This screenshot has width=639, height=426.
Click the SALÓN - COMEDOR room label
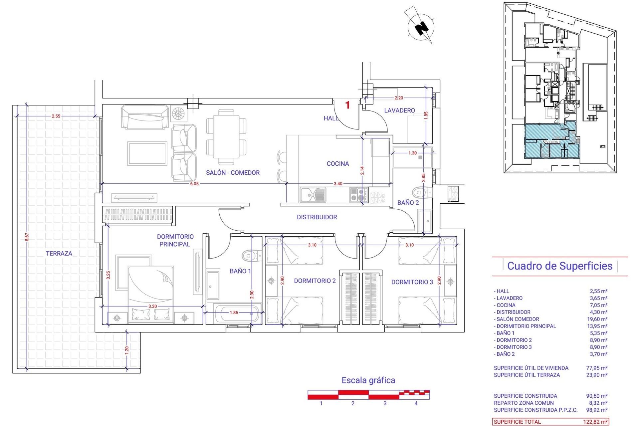(233, 173)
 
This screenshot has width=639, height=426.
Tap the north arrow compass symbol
(421, 27)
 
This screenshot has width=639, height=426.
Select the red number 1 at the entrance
(347, 105)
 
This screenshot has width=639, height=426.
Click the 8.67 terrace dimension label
(27, 237)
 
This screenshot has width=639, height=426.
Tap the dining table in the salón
(226, 136)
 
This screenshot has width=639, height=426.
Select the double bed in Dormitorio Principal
(150, 293)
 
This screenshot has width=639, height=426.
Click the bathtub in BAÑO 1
(237, 313)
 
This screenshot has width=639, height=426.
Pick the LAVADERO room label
(399, 110)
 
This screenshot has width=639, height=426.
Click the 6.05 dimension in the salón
(194, 184)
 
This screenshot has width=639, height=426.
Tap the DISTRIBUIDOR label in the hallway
(317, 217)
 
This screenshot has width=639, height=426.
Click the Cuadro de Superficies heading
(560, 266)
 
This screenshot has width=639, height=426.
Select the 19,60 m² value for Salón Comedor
(598, 319)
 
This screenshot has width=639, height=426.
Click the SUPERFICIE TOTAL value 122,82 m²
(595, 422)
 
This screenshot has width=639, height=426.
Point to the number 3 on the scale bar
(385, 403)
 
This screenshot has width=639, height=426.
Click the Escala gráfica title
(368, 380)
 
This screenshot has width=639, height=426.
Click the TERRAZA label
(59, 254)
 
